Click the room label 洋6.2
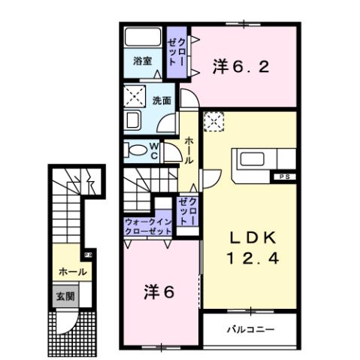(x=240, y=66)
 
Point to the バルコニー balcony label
(x=250, y=329)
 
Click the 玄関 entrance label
(x=62, y=295)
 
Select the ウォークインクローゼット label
(x=149, y=226)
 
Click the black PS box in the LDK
(x=283, y=177)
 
